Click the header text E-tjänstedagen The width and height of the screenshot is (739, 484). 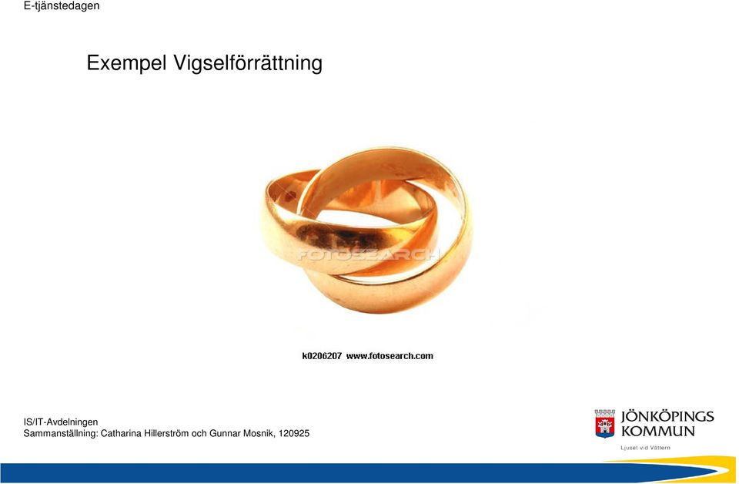click(x=62, y=6)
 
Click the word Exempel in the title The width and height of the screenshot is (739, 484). click(x=126, y=62)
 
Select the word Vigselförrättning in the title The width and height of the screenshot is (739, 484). click(x=248, y=63)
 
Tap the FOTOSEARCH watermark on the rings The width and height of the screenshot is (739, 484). click(x=368, y=255)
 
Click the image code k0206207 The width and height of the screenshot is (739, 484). click(x=322, y=356)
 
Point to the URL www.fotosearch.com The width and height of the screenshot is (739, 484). click(x=390, y=356)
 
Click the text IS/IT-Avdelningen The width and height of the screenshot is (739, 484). click(x=61, y=422)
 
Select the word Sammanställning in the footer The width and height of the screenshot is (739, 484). click(x=61, y=434)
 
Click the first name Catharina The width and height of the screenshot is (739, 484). click(x=121, y=434)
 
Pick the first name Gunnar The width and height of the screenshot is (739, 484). click(x=225, y=434)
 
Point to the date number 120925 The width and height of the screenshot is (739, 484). click(x=294, y=434)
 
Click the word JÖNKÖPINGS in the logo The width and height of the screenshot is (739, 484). click(x=667, y=416)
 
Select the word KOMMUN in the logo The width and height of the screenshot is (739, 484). click(x=658, y=431)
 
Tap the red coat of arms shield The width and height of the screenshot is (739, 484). click(x=605, y=424)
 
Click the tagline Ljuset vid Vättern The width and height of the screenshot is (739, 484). click(x=645, y=448)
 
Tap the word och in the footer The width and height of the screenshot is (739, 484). click(x=199, y=434)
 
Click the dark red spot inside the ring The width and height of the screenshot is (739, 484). click(x=290, y=195)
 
